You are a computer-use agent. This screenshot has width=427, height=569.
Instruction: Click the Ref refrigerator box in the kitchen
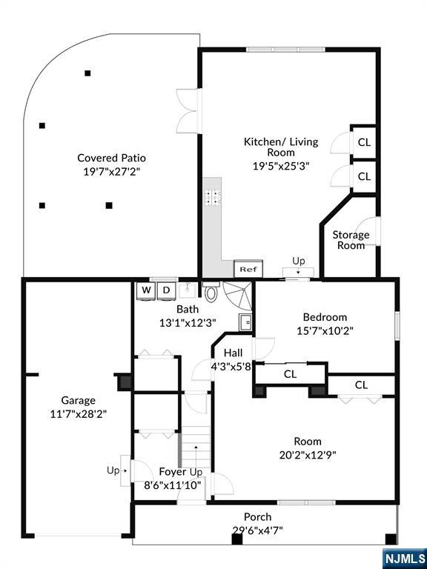coord(249,269)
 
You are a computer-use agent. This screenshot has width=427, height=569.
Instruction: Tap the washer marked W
coord(146,290)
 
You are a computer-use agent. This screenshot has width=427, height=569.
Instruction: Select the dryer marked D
coord(166,290)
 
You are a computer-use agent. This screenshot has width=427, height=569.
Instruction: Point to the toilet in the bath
coord(211,291)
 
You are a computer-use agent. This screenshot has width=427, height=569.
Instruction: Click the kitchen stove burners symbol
coord(213,197)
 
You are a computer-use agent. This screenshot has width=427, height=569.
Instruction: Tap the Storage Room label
coord(351,240)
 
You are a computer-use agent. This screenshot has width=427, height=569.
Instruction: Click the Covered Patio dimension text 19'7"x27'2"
coord(112,171)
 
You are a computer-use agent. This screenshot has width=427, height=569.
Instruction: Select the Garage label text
coord(78,400)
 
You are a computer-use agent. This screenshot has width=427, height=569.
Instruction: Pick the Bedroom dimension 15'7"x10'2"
coord(325,330)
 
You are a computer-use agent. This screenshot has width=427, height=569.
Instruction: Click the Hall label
coord(233,353)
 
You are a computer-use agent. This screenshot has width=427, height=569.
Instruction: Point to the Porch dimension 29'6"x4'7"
coord(257,530)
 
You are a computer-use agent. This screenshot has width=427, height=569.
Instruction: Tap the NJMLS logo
coord(405,558)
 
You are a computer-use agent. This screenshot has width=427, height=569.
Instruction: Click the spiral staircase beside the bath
coord(238,295)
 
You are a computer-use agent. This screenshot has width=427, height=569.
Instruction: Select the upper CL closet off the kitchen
coord(364,142)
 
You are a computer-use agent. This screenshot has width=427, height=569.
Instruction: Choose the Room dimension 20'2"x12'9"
coord(308,455)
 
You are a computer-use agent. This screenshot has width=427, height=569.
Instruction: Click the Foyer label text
coord(173,472)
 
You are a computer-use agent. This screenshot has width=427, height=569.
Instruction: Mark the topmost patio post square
coord(87,73)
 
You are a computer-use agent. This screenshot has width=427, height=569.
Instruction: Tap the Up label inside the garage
coord(113,470)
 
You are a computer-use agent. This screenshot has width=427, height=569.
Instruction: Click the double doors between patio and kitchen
coord(189,110)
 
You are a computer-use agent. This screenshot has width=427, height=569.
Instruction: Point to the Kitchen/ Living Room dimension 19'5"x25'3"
coord(281,166)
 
